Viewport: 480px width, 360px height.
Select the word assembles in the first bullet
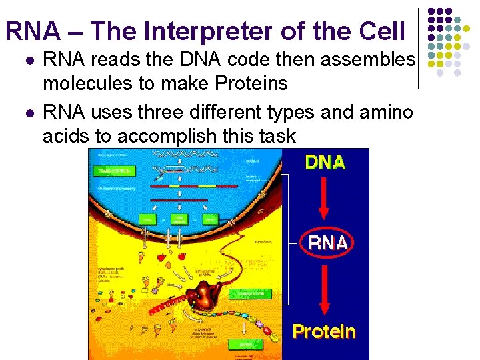click(x=368, y=60)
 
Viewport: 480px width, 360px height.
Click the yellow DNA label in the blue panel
click(x=325, y=163)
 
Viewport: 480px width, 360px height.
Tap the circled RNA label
click(x=327, y=243)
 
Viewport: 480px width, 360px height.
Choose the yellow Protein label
click(x=324, y=331)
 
